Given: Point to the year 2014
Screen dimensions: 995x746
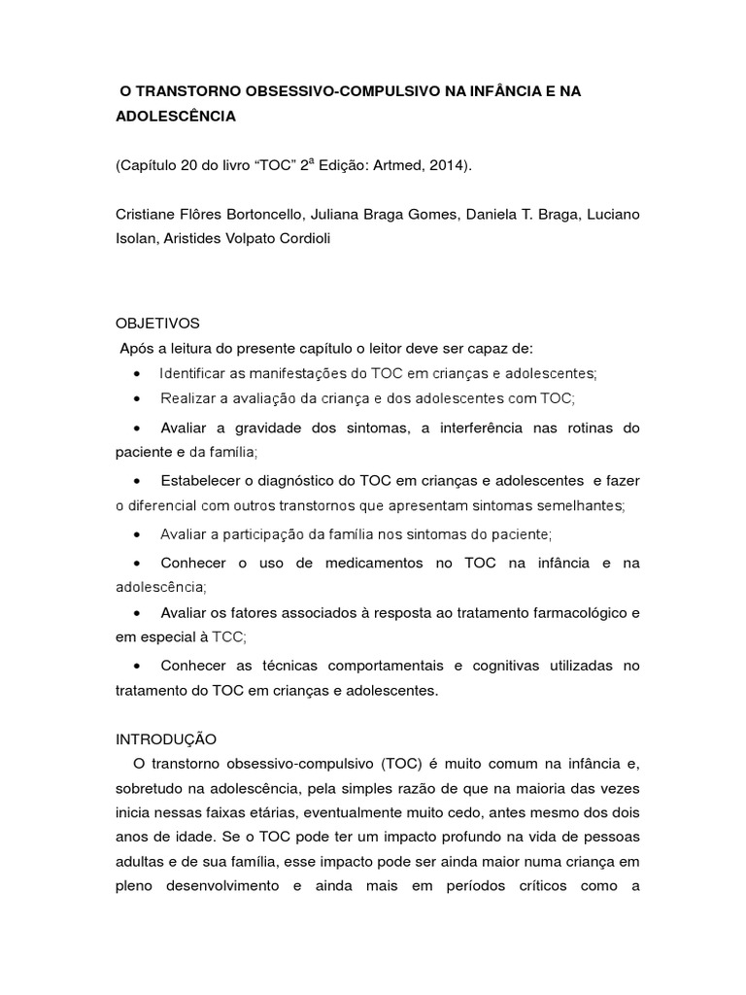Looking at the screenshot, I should pyautogui.click(x=446, y=165).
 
